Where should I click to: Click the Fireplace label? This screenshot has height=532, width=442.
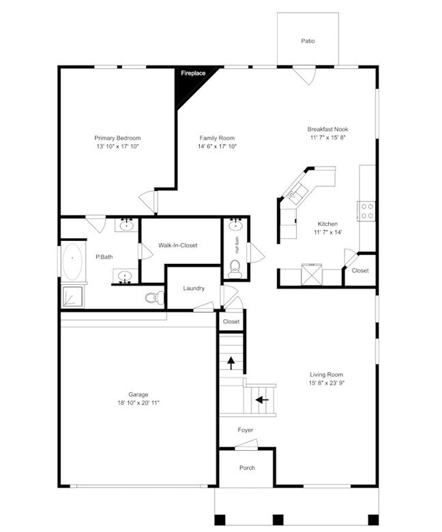[193, 73]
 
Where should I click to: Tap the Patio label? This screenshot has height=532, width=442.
[308, 41]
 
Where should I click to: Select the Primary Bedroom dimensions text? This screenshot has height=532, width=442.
[117, 147]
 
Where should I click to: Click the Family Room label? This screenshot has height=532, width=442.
[217, 138]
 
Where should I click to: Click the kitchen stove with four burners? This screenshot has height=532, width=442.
[367, 211]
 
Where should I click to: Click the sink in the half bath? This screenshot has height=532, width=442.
[236, 225]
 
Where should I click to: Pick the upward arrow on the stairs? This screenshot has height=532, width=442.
[231, 362]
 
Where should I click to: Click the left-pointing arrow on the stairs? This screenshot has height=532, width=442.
[261, 400]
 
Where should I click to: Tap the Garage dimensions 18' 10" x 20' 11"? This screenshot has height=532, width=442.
[138, 403]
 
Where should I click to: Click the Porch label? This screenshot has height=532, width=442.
[247, 468]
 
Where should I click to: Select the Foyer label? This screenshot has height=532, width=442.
[246, 430]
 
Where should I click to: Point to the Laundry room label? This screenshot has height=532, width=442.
[194, 289]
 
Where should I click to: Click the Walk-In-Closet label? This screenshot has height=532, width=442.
[177, 246]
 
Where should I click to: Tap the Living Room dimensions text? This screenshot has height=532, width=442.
[326, 383]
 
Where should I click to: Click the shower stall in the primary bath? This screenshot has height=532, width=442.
[73, 297]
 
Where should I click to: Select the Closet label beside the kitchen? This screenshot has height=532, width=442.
[360, 271]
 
